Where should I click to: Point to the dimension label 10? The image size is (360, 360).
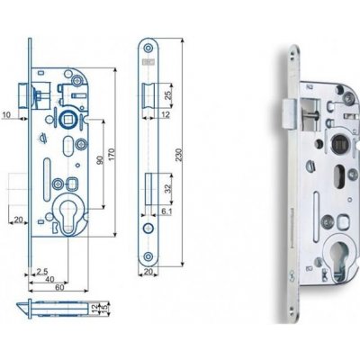click(7, 115)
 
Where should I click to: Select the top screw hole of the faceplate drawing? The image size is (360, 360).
click(149, 49)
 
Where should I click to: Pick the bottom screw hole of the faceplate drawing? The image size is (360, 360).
click(149, 258)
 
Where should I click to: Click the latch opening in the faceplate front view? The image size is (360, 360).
click(149, 94)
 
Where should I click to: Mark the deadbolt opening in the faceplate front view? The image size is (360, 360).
click(149, 191)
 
